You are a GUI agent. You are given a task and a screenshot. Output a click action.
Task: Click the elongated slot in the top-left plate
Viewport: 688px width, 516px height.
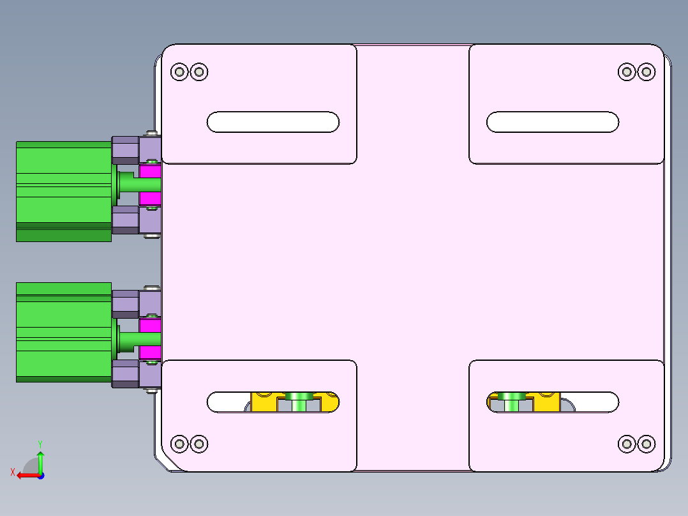[273, 122]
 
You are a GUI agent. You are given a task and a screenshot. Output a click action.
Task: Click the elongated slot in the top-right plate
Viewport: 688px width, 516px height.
[553, 122]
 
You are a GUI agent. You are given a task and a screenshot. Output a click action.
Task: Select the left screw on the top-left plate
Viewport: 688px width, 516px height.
[179, 72]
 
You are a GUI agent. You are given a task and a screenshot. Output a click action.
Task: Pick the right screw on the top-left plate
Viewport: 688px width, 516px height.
[199, 72]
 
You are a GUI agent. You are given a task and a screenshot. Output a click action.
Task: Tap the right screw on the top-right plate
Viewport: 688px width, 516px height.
[646, 72]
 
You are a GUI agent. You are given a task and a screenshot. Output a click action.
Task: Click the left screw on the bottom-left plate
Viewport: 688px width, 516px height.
[179, 443]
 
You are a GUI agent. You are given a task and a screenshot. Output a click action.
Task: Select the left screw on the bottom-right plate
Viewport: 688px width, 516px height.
[627, 443]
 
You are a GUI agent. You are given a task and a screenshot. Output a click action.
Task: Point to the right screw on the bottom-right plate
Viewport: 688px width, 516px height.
[646, 443]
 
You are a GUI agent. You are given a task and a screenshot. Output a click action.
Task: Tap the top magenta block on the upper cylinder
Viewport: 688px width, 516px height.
[150, 171]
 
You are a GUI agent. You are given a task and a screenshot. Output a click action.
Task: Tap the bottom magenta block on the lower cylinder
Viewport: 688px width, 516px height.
[150, 353]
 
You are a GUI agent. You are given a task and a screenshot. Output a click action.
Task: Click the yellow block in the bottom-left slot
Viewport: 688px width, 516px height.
[263, 402]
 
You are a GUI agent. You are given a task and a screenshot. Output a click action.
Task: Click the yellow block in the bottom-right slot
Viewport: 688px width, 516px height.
[546, 402]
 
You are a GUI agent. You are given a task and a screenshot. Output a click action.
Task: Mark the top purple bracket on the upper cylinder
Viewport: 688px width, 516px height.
[126, 149]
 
